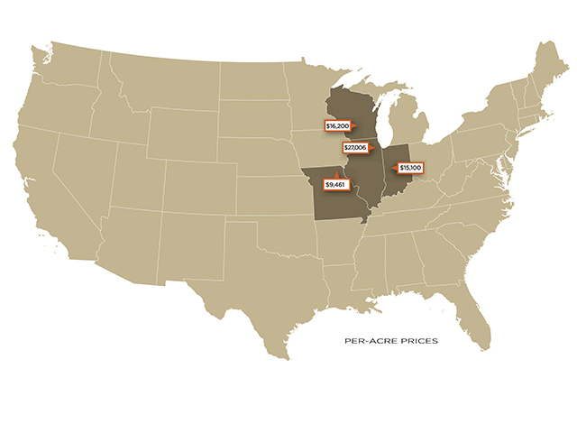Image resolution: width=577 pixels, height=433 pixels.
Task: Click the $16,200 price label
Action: tap(338, 126)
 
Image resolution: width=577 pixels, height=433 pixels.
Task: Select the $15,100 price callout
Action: tap(410, 168)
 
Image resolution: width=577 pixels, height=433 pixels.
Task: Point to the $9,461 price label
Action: tap(335, 185)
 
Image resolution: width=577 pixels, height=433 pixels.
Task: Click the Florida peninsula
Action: tap(475, 316)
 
